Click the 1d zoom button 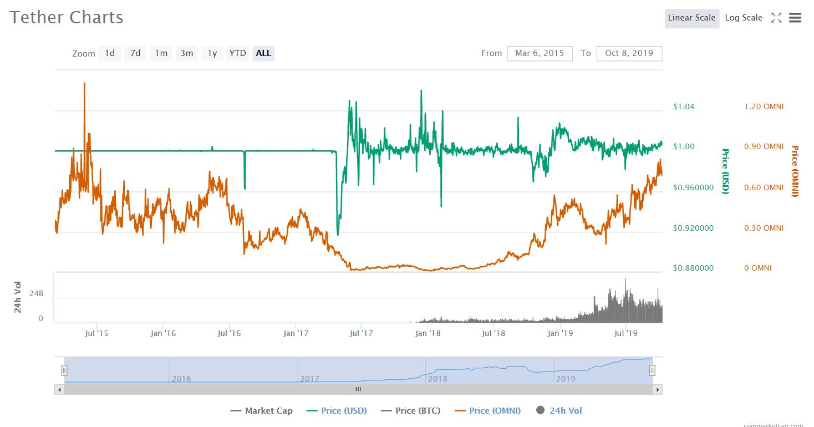tap(110, 53)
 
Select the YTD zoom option tap(238, 53)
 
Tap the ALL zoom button tap(263, 53)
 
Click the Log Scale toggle tap(744, 18)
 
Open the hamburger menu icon tap(795, 17)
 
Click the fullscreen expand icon tap(776, 17)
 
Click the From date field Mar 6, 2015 tap(540, 53)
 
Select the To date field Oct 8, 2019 tap(629, 53)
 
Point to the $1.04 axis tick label tap(684, 106)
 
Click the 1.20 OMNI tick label tap(764, 106)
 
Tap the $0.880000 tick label tap(693, 268)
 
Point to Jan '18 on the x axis tap(428, 333)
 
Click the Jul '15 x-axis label tap(96, 333)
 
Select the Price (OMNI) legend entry tap(487, 411)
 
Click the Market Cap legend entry tap(262, 411)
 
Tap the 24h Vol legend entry tap(559, 411)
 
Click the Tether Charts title tap(66, 17)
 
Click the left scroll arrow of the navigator tap(59, 390)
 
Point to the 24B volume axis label tap(37, 293)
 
